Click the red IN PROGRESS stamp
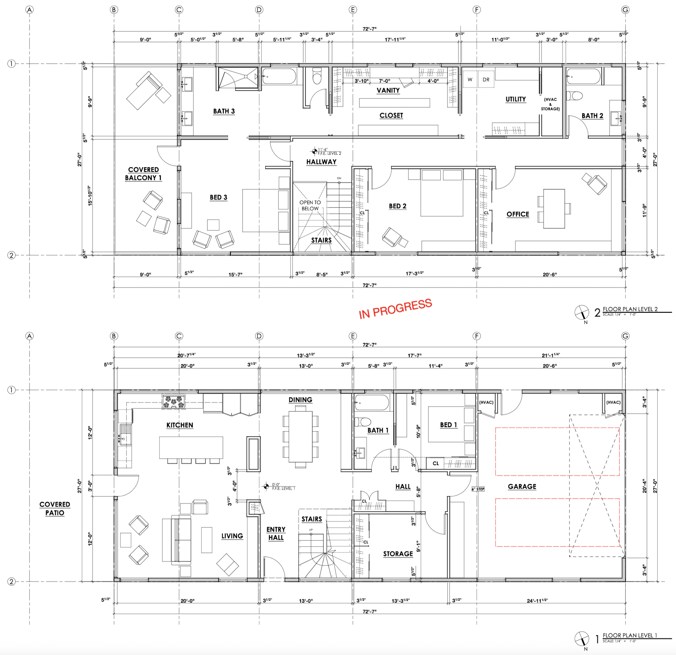[x=395, y=308]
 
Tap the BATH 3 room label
[x=224, y=111]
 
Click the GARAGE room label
[x=522, y=487]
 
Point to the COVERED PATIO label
[x=55, y=508]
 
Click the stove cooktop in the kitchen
[x=173, y=402]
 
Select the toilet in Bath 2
[x=574, y=95]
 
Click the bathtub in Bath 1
[x=372, y=403]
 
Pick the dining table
[x=300, y=436]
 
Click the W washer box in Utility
[x=470, y=79]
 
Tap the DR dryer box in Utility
[x=486, y=79]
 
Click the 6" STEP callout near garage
[x=478, y=489]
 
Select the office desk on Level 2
[x=554, y=209]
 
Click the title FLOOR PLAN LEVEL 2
[x=630, y=309]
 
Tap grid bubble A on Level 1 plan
[x=30, y=336]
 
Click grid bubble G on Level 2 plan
[x=625, y=10]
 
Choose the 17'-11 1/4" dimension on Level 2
[x=395, y=39]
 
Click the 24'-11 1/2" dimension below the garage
[x=537, y=600]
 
